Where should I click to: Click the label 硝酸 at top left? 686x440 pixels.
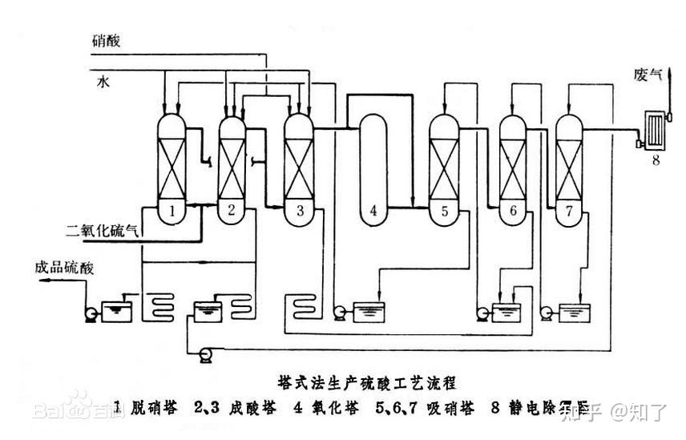[x=106, y=40]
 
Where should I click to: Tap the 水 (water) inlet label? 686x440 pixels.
[x=103, y=80]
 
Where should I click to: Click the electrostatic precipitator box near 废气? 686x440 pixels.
[x=656, y=128]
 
